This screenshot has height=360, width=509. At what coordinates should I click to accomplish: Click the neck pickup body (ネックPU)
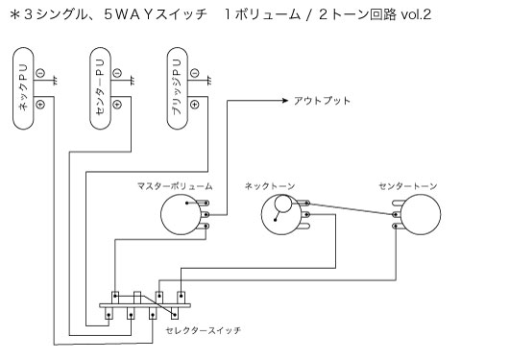23,91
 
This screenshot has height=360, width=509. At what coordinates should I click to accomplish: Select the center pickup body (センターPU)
101,91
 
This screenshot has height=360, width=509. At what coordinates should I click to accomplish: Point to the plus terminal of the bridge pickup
195,103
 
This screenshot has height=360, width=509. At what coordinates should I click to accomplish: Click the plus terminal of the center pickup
117,103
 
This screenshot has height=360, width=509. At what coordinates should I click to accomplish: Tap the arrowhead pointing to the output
286,100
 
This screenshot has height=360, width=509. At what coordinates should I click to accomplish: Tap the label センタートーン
404,183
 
